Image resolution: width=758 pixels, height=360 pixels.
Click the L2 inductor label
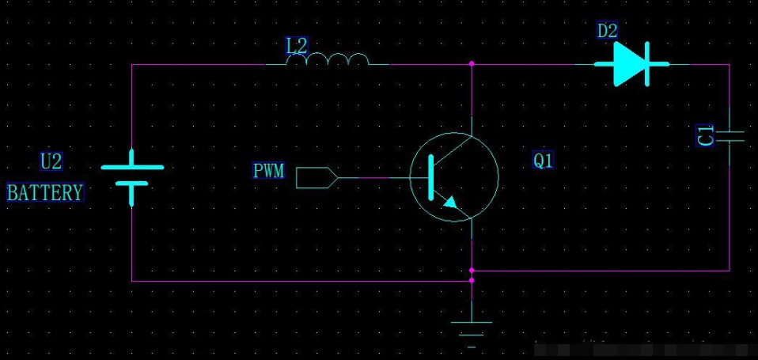pyautogui.click(x=297, y=46)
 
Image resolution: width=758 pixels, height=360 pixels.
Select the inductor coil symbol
pyautogui.click(x=328, y=61)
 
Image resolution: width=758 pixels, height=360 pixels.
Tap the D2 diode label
pyautogui.click(x=607, y=32)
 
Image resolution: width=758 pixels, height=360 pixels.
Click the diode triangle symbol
pyautogui.click(x=629, y=64)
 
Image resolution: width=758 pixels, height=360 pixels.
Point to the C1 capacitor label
pyautogui.click(x=706, y=135)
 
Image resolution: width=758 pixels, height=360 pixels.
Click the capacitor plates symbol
pyautogui.click(x=729, y=136)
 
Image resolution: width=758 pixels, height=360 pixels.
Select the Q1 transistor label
pyautogui.click(x=544, y=161)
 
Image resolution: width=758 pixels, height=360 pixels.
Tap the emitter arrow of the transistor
pyautogui.click(x=450, y=202)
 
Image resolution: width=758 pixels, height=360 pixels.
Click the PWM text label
pyautogui.click(x=269, y=171)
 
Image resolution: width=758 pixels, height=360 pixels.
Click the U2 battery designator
pyautogui.click(x=51, y=162)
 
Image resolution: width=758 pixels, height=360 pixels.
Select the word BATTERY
pyautogui.click(x=45, y=192)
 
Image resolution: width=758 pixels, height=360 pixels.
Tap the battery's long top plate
pyautogui.click(x=132, y=167)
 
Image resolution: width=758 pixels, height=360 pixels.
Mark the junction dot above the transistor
pyautogui.click(x=472, y=63)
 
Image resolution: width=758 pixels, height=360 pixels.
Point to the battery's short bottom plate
pyautogui.click(x=132, y=184)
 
